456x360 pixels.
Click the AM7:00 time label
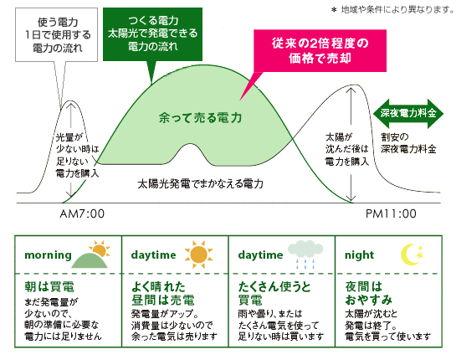point(82,213)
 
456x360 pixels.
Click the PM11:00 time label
point(391,213)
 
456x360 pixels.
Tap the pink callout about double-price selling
point(320,50)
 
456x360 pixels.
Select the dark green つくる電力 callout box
point(152,34)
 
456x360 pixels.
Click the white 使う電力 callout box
point(56,35)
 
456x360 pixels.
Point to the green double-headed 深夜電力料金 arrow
point(408,114)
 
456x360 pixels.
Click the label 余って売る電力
point(200,117)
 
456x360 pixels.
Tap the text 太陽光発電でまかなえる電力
point(200,183)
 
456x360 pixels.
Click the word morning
point(48,255)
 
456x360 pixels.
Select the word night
point(359,255)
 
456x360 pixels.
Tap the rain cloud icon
point(305,254)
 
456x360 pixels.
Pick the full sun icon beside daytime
point(199,255)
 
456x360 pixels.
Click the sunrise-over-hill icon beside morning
point(91,254)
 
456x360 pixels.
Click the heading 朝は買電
point(49,287)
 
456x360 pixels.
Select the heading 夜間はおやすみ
point(369,293)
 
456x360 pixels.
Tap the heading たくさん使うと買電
point(274,293)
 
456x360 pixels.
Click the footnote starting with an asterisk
point(392,10)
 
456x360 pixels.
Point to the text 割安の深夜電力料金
point(408,143)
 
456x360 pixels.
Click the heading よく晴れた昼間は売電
point(163,293)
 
